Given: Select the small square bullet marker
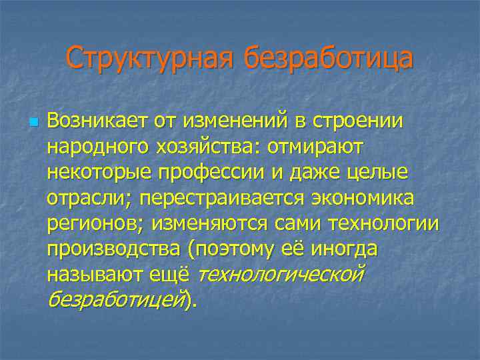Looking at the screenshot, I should pos(34,123).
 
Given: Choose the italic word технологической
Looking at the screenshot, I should pos(281,273).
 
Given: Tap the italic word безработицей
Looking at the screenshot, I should pos(116,299).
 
